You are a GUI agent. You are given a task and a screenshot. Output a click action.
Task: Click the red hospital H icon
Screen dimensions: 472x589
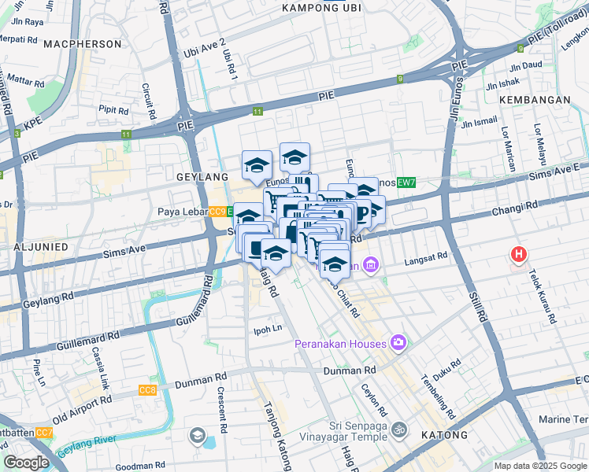[518, 255]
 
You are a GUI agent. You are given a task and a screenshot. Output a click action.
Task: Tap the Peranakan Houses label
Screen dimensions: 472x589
[340, 344]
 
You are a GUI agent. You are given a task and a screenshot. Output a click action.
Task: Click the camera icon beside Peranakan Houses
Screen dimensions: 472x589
[399, 342]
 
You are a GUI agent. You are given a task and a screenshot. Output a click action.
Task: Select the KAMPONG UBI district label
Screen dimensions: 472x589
[319, 8]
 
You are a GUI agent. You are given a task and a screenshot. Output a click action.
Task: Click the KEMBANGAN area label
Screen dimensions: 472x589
[534, 100]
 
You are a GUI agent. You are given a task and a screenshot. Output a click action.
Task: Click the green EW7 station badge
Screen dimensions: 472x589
[406, 183]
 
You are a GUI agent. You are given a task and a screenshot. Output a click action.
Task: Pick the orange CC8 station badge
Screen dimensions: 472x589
[147, 390]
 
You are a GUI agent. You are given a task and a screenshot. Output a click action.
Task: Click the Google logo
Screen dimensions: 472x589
[26, 463]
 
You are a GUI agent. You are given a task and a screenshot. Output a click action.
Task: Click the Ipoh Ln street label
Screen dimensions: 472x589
[266, 329]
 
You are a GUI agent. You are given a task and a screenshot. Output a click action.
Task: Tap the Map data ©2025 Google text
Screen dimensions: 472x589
[539, 465]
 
